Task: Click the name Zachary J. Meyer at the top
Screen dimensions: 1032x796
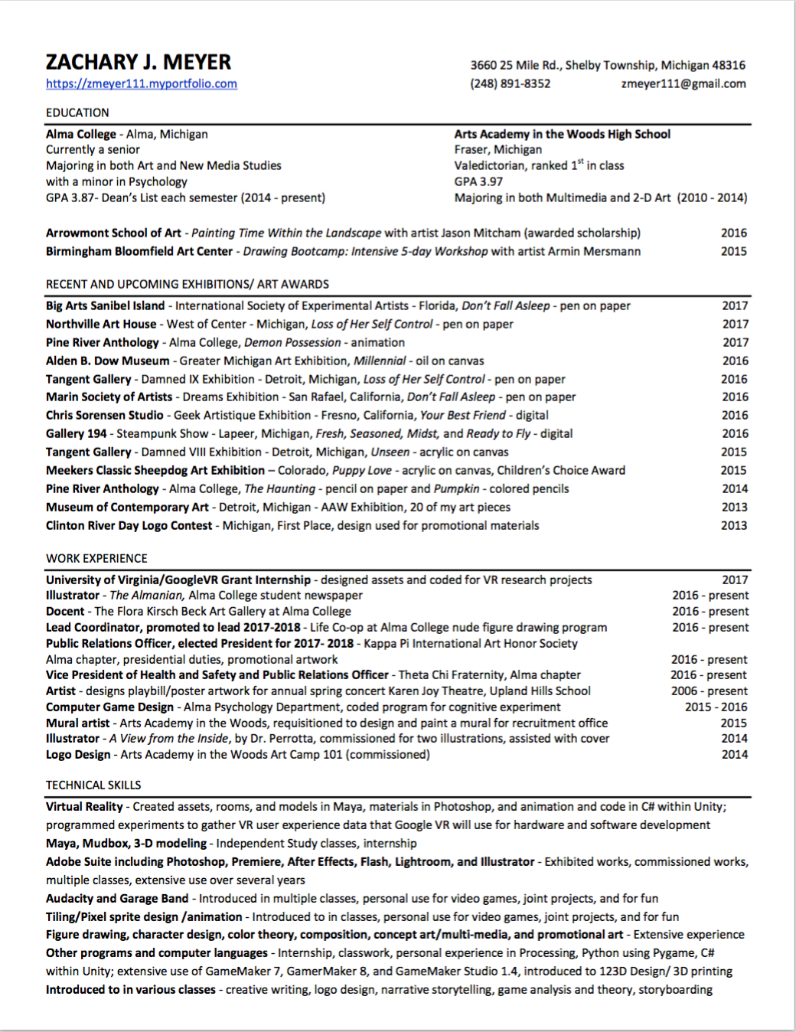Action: tap(139, 62)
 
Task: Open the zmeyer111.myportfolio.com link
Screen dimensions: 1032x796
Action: tap(142, 84)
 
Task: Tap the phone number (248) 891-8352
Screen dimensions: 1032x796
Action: tap(510, 83)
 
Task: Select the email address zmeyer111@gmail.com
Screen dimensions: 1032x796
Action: tap(683, 83)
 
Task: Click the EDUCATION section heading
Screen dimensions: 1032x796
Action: tap(77, 113)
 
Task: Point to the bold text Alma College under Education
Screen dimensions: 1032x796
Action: tap(81, 134)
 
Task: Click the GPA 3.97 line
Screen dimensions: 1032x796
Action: tap(478, 181)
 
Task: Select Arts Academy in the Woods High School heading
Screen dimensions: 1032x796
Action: tap(562, 134)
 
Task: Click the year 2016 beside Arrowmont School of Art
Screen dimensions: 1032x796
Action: tap(733, 233)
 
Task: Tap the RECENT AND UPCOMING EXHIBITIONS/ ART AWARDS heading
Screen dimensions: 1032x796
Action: tap(188, 284)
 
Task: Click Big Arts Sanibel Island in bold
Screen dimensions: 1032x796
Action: tap(105, 305)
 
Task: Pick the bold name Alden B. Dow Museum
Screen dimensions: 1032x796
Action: tap(107, 361)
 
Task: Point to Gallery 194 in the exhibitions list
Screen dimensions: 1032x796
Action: tap(76, 433)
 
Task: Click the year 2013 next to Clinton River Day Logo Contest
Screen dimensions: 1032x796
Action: tap(733, 525)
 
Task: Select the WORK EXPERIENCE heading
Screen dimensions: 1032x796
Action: tap(96, 558)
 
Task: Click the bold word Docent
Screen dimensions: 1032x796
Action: tap(65, 611)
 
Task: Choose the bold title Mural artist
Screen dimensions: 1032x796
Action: tap(77, 723)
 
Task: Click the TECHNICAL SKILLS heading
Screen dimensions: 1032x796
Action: tap(93, 785)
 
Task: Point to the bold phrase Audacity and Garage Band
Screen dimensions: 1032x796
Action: tap(117, 898)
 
